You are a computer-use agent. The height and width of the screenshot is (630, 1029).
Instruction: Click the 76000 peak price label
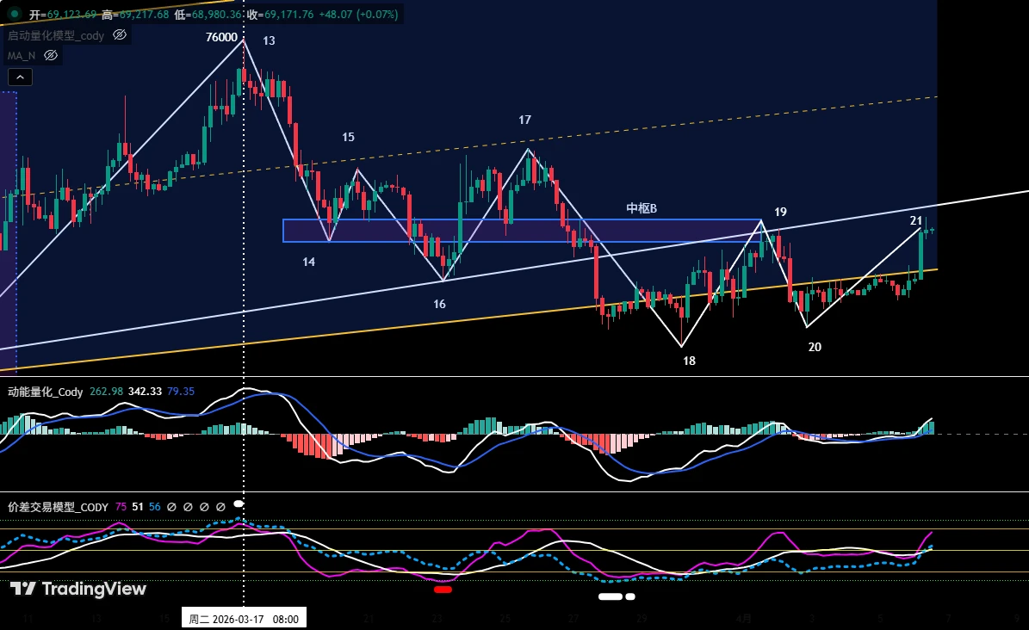pos(221,37)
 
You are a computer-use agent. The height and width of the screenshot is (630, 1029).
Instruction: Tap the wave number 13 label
pos(270,40)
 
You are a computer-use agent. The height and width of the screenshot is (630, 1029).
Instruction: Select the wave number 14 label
pos(308,262)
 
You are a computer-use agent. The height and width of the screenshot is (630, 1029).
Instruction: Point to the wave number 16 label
pos(439,304)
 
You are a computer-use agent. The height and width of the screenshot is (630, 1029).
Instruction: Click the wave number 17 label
pos(524,120)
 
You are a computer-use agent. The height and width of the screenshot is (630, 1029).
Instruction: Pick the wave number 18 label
pos(689,361)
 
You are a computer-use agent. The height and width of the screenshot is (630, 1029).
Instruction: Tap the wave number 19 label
pos(780,212)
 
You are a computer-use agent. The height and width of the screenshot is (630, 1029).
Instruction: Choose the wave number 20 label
pos(815,347)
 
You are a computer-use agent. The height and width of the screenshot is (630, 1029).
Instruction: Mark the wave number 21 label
pos(916,220)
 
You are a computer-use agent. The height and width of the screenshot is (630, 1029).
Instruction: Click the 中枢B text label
pos(642,208)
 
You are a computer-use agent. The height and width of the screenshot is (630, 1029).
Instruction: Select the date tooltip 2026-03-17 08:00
pos(244,619)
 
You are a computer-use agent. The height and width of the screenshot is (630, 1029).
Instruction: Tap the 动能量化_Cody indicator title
pos(46,392)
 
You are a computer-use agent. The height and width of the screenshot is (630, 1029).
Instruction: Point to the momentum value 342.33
pos(145,392)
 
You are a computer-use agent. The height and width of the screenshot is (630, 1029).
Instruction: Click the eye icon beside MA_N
pos(51,55)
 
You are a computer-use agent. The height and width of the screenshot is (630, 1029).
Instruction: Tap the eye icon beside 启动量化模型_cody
pos(120,35)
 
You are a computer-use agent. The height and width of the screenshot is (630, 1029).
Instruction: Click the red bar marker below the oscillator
pos(443,590)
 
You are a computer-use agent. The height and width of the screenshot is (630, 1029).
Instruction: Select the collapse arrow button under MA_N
pos(21,77)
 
